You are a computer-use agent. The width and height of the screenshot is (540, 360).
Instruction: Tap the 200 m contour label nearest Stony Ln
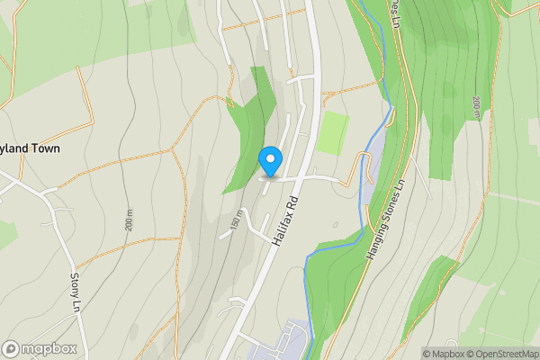pyautogui.click(x=130, y=218)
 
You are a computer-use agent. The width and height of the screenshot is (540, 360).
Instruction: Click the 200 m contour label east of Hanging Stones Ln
pyautogui.click(x=475, y=105)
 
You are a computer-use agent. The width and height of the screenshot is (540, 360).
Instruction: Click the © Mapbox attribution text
pyautogui.click(x=445, y=354)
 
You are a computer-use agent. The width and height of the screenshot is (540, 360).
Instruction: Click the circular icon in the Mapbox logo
pyautogui.click(x=12, y=348)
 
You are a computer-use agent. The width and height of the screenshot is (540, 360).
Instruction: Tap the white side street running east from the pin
pyautogui.click(x=310, y=177)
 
